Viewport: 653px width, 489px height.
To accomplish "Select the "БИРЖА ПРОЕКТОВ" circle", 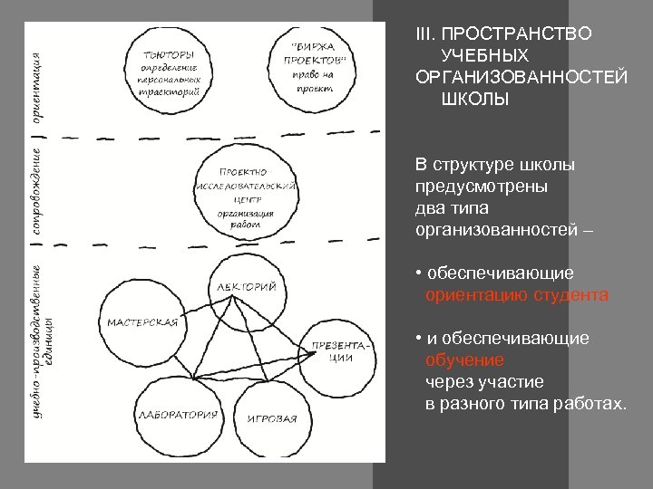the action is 314,67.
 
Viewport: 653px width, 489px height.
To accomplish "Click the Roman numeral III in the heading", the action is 424,34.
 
